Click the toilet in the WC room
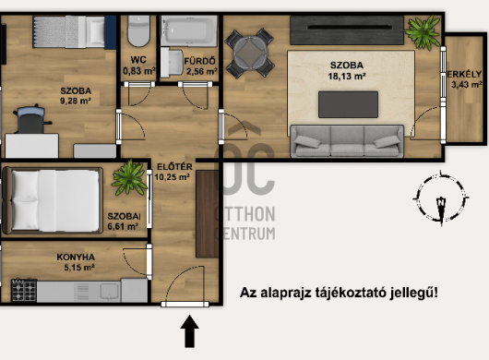pyautogui.click(x=138, y=31)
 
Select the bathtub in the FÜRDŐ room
pyautogui.click(x=189, y=30)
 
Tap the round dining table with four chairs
pyautogui.click(x=249, y=53)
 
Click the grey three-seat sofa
pyautogui.click(x=347, y=141)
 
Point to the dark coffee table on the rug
pyautogui.click(x=348, y=104)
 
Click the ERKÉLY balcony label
pyautogui.click(x=464, y=74)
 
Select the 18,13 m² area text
pyautogui.click(x=347, y=76)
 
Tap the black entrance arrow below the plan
pyautogui.click(x=190, y=331)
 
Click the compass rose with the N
pyautogui.click(x=441, y=198)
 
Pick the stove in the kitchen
pyautogui.click(x=24, y=291)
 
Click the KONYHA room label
pyautogui.click(x=76, y=257)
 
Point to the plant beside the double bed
pyautogui.click(x=129, y=177)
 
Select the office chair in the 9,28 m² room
pyautogui.click(x=31, y=119)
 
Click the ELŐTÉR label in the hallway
pyautogui.click(x=174, y=166)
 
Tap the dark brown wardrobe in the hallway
pyautogui.click(x=207, y=214)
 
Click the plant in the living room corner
pyautogui.click(x=423, y=32)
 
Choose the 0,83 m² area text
pyautogui.click(x=138, y=71)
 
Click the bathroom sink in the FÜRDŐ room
pyautogui.click(x=172, y=63)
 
